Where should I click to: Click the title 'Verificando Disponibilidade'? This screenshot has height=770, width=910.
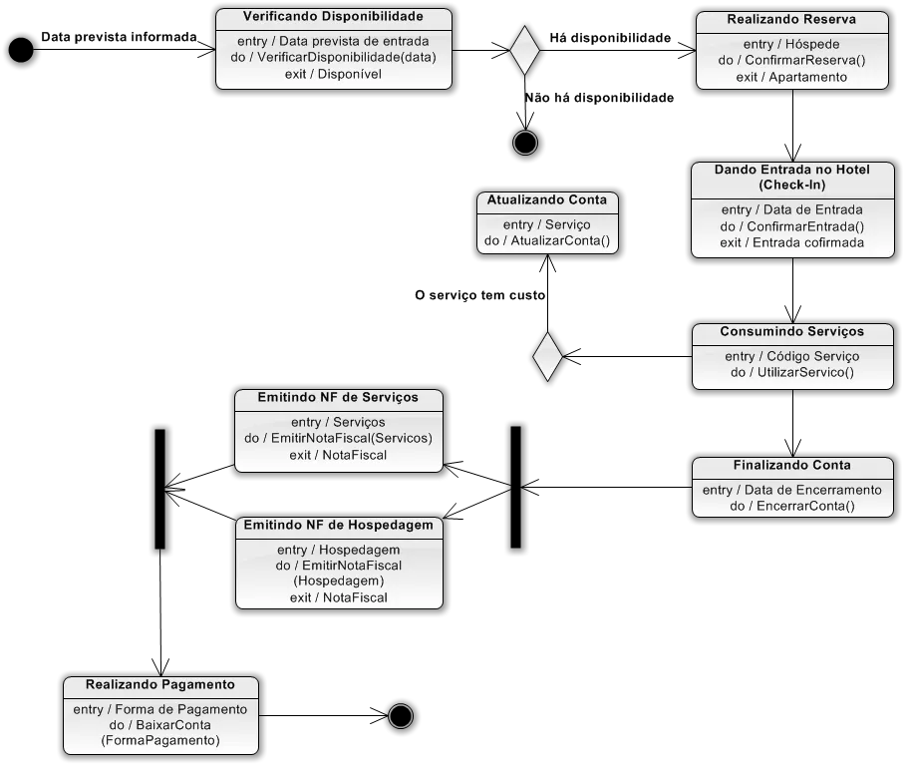[x=333, y=18]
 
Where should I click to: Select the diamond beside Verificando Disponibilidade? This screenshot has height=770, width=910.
[x=524, y=50]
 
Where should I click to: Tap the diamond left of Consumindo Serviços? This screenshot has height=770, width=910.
[x=547, y=356]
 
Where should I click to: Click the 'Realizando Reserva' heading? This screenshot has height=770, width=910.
[x=791, y=20]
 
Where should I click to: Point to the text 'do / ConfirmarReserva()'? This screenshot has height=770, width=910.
[x=791, y=60]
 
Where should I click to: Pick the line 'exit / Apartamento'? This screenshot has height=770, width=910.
[x=791, y=77]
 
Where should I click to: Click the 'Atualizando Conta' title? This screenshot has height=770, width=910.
[x=546, y=200]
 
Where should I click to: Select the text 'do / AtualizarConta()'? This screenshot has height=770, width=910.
[x=546, y=241]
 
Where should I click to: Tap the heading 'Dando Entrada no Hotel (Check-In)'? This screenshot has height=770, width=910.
[x=792, y=178]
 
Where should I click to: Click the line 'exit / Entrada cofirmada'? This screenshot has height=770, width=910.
[x=792, y=242]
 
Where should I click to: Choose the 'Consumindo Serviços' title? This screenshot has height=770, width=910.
[x=792, y=332]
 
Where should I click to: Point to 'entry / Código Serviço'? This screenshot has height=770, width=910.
[x=792, y=356]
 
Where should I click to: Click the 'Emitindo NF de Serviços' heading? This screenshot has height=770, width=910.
[x=338, y=398]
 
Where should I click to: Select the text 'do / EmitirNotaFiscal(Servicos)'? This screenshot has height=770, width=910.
[x=338, y=438]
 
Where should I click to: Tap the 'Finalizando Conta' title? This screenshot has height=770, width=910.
[x=792, y=466]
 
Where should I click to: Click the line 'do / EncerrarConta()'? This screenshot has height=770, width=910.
[x=792, y=506]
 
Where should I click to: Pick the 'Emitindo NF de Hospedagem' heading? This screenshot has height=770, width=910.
[x=339, y=525]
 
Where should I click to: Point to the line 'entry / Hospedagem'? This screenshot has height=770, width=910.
[x=339, y=550]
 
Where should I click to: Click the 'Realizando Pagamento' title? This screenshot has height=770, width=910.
[x=160, y=685]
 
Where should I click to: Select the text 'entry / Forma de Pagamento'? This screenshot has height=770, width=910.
[x=160, y=709]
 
